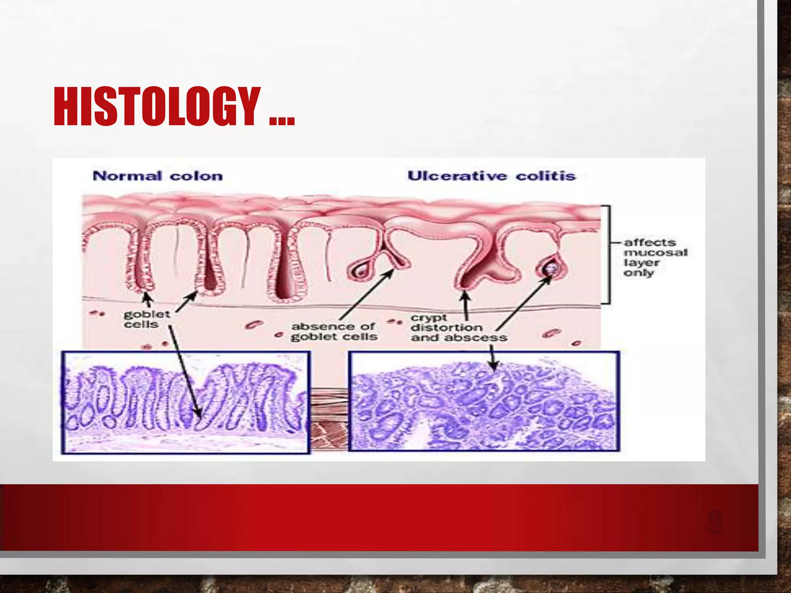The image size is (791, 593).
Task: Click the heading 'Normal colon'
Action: [x=158, y=176]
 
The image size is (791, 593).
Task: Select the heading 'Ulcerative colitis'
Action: [x=491, y=176]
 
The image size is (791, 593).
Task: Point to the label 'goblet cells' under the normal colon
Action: [x=146, y=319]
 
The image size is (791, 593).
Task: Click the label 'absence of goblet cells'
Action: [x=334, y=332]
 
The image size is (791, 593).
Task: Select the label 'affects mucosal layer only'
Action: [x=655, y=257]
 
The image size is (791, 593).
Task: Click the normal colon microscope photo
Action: [x=185, y=402]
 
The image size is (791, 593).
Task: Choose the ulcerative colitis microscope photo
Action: [x=484, y=401]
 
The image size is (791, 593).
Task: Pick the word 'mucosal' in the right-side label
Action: [x=655, y=252]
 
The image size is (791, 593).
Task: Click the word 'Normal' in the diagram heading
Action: [x=127, y=176]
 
